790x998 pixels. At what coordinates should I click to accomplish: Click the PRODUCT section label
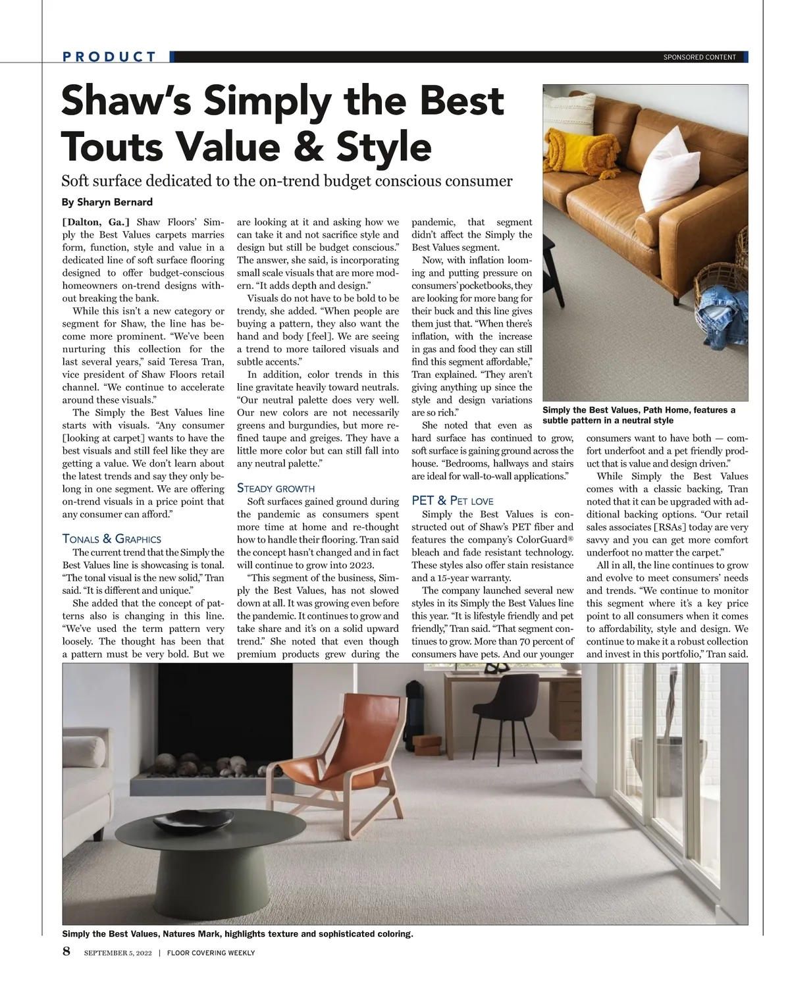[x=109, y=57]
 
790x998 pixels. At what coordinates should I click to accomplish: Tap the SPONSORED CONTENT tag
[x=699, y=57]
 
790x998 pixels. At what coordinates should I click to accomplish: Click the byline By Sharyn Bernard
[x=107, y=202]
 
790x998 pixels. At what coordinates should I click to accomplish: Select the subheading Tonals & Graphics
[x=111, y=538]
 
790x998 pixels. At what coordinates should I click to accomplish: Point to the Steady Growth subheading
[x=275, y=488]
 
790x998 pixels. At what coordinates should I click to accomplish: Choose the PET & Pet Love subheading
[x=452, y=501]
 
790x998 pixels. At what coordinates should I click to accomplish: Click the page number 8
[x=66, y=951]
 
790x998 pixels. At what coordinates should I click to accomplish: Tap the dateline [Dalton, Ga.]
[x=96, y=222]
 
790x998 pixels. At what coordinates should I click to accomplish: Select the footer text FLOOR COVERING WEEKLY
[x=211, y=953]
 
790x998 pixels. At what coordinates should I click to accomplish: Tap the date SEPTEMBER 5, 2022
[x=118, y=953]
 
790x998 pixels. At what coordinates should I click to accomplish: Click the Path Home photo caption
[x=639, y=415]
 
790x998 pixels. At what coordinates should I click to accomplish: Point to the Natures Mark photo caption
[x=238, y=933]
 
